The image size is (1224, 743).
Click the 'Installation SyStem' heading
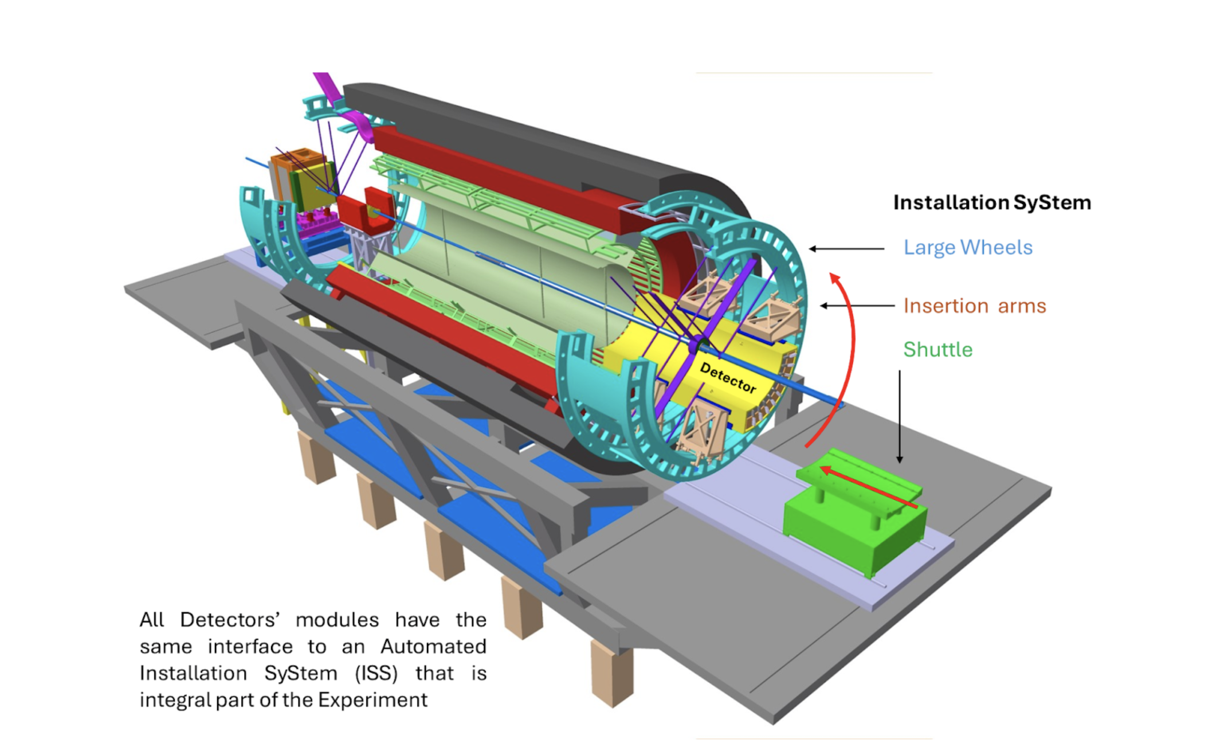992,202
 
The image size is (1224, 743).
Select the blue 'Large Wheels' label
968,248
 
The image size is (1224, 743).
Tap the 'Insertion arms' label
974,306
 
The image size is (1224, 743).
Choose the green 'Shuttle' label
937,350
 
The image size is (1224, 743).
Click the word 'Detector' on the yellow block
728,378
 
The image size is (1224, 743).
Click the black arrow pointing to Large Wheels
846,249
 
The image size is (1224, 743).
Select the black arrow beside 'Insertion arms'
857,306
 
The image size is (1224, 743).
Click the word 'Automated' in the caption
433,647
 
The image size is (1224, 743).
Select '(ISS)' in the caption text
376,673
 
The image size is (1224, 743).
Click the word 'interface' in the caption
250,647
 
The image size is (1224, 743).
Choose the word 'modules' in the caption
337,620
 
